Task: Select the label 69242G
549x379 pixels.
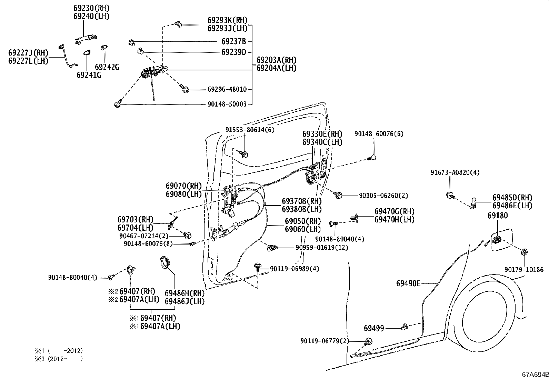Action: [x=107, y=67]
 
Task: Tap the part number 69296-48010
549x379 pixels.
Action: [x=227, y=89]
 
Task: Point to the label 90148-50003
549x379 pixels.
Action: [x=227, y=104]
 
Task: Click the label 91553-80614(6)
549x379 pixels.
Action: [x=250, y=130]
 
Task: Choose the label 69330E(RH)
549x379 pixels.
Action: [x=322, y=134]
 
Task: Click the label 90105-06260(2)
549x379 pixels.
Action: [x=383, y=196]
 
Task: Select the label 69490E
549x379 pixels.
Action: [x=408, y=283]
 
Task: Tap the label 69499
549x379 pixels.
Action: [x=374, y=328]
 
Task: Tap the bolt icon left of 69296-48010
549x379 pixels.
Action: [x=184, y=90]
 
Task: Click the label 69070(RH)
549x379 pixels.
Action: [x=183, y=186]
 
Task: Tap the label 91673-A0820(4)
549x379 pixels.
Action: [x=455, y=172]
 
